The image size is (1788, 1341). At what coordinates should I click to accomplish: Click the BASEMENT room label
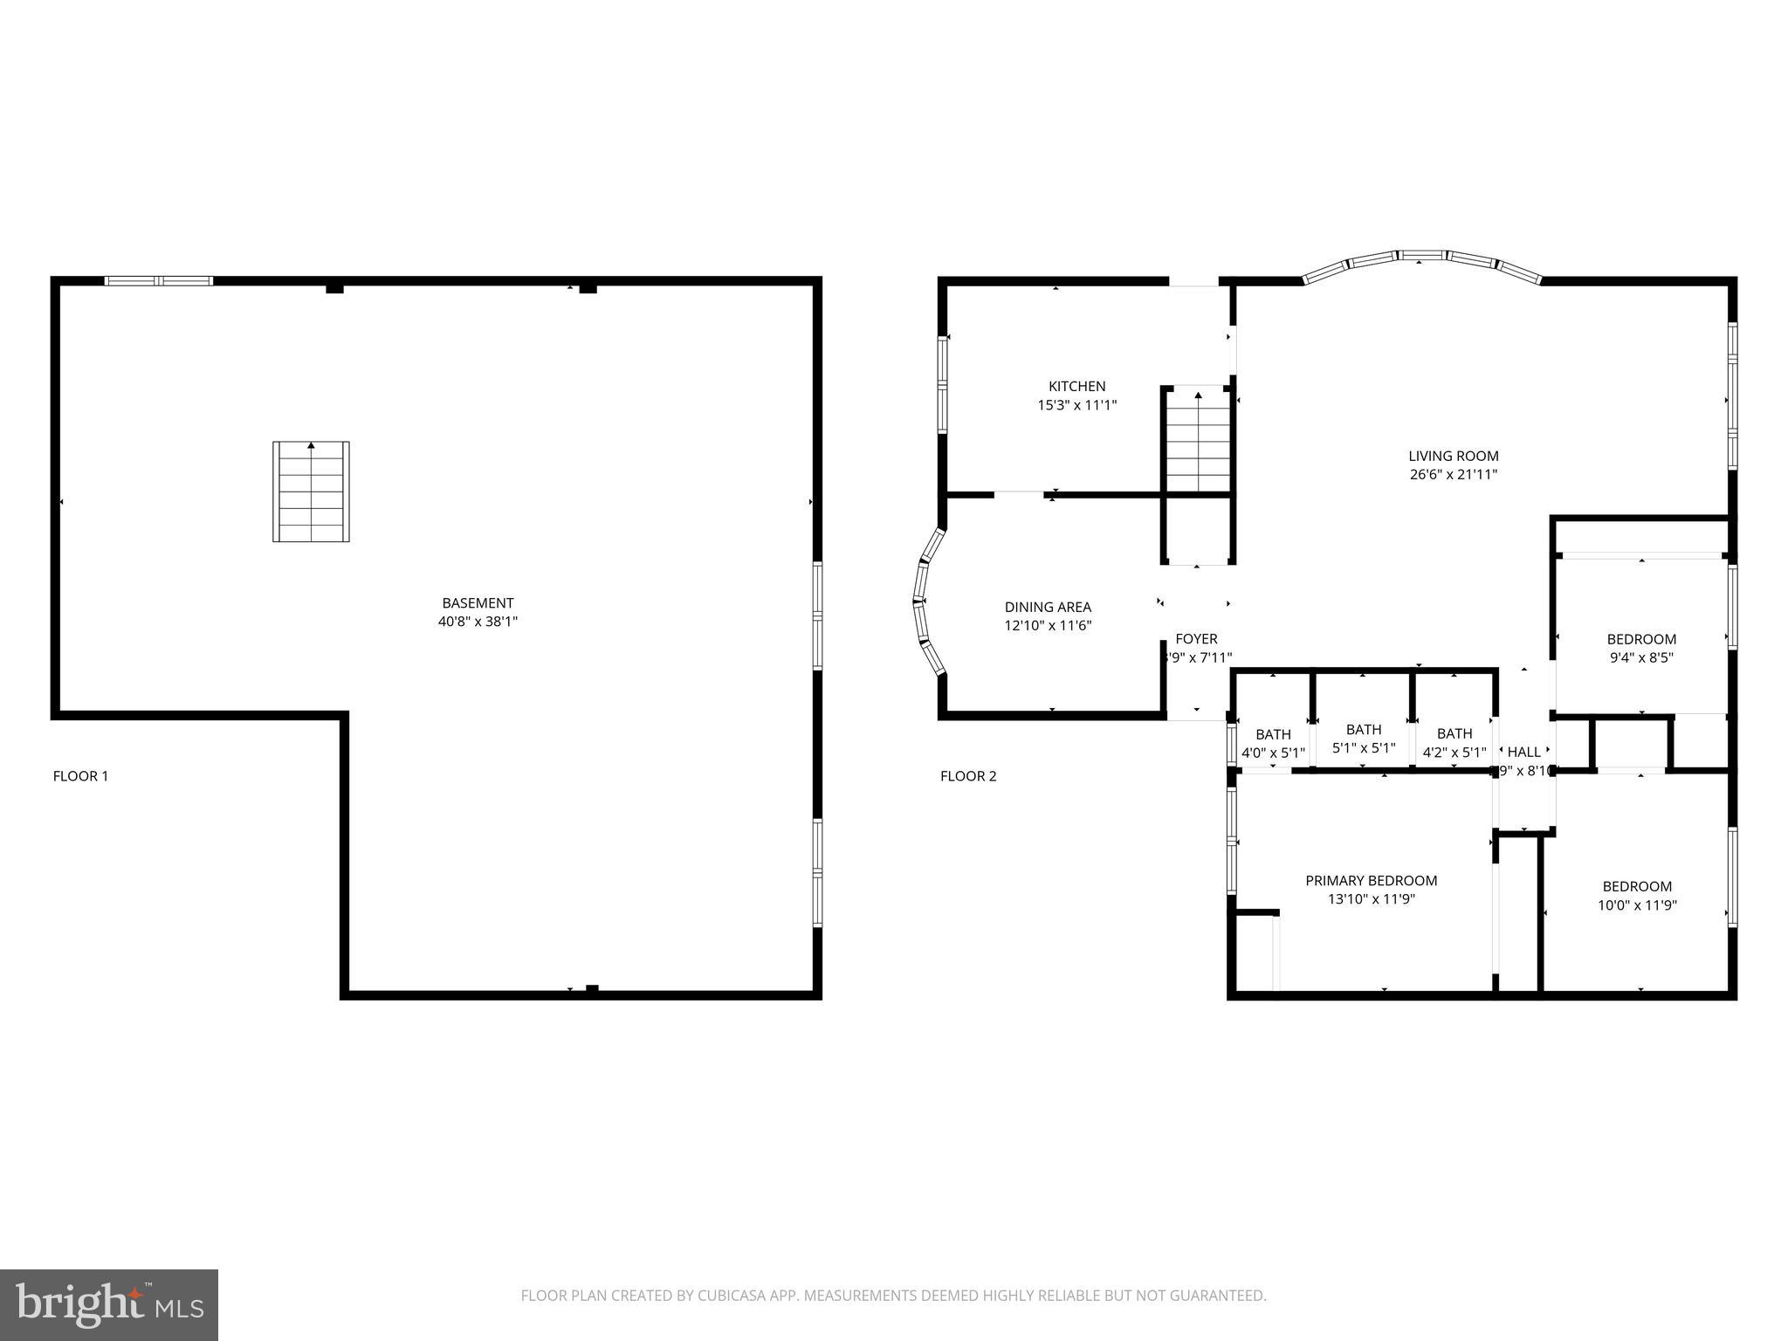(x=478, y=603)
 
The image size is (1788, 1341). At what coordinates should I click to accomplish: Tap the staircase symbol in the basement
(x=311, y=492)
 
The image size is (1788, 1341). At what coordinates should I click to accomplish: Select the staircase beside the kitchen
(x=1198, y=441)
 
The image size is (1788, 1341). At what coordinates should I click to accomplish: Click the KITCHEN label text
(x=1076, y=386)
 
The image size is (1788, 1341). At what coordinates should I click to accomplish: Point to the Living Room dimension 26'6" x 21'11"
(x=1453, y=475)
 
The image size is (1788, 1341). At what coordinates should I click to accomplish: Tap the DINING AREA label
(x=1048, y=607)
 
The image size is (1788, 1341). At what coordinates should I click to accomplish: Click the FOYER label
(x=1196, y=639)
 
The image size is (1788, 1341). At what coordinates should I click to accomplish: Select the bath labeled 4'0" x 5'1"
(x=1273, y=743)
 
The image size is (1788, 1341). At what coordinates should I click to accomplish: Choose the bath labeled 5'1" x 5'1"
(x=1364, y=739)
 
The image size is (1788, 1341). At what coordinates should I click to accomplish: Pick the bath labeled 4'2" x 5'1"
(x=1454, y=743)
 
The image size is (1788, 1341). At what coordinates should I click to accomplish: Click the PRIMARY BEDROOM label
(x=1371, y=881)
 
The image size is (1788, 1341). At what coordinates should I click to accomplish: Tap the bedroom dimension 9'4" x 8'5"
(x=1641, y=658)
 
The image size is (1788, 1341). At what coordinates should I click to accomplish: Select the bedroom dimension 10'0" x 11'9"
(x=1637, y=905)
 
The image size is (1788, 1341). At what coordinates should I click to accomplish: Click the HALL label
(x=1523, y=752)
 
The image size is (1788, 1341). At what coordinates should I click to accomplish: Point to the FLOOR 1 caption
(x=80, y=776)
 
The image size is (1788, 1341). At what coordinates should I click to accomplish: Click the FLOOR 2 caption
(x=967, y=776)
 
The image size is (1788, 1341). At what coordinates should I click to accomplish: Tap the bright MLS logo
(x=109, y=1305)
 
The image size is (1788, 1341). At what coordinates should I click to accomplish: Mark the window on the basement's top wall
(x=158, y=281)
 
